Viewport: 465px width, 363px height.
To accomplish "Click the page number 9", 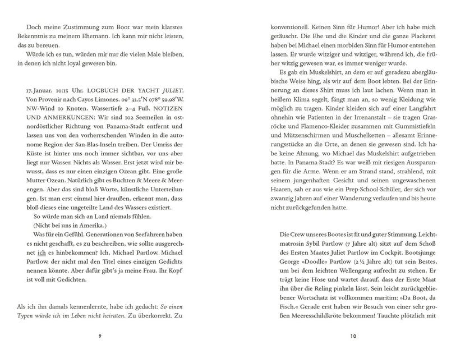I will [x=99, y=336].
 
